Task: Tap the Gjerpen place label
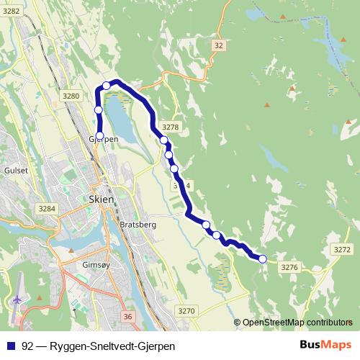[x=103, y=138]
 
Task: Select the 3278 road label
[x=171, y=127]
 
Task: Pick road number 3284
[x=47, y=209]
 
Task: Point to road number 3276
[x=289, y=267]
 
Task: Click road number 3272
[x=343, y=249]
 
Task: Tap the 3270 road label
[x=186, y=310]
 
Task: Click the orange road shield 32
[x=219, y=45]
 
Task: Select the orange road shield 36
[x=128, y=316]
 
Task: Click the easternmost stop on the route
[x=263, y=258]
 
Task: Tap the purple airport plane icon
[x=18, y=297]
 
